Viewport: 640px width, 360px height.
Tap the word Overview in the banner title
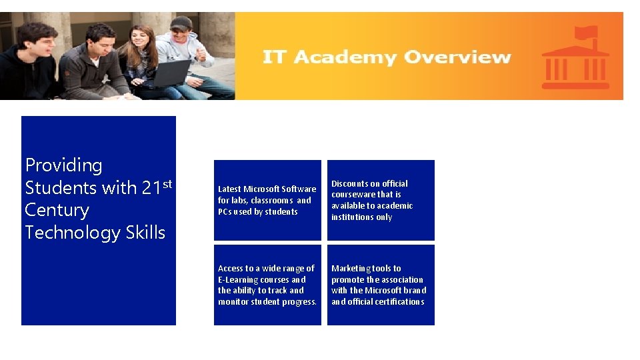[x=457, y=57]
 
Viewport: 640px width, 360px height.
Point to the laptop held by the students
[x=170, y=73]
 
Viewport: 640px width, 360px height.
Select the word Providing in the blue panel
[x=64, y=165]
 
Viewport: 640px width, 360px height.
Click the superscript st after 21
[x=167, y=183]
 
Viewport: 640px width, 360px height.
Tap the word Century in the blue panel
[x=57, y=210]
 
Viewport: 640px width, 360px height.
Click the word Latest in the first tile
[x=229, y=189]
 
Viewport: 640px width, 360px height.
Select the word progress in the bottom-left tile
[x=300, y=302]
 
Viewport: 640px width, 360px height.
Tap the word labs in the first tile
[x=239, y=201]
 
